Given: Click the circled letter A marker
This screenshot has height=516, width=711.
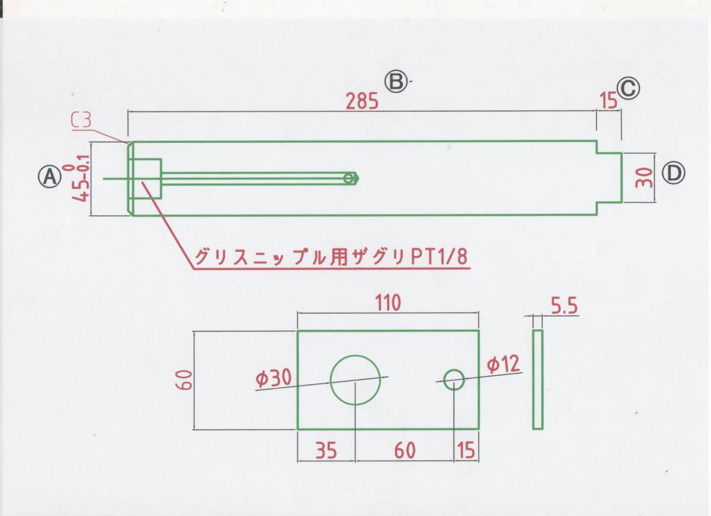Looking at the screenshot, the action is pos(50,175).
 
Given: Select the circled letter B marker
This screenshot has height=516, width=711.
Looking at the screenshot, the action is pos(396,82).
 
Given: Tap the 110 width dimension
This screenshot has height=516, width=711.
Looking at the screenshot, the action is pos(387,302).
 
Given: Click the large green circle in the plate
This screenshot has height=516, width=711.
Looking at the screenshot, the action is pos(355,380).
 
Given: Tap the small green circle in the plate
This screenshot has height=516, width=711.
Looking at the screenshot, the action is pos(454,379).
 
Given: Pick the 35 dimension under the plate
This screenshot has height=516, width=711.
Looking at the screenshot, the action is pos(325,451).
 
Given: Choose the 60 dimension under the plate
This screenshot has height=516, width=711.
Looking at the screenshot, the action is pos(405,451).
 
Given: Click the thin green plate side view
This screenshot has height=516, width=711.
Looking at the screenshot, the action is pos(537,379).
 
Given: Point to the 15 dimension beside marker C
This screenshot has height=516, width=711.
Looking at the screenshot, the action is pos(608,101).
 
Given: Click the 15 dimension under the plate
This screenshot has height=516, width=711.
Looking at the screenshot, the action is pos(467,451).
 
